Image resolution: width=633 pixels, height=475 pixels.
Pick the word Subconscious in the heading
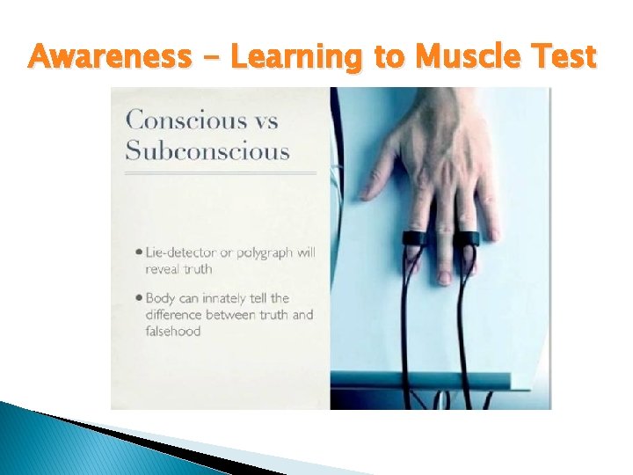pos(207,150)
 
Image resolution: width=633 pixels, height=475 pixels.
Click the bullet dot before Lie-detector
pos(140,252)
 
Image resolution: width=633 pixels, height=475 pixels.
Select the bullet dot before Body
pos(140,298)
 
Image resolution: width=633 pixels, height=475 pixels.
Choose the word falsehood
pos(173,332)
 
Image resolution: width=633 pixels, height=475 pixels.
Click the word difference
pos(175,315)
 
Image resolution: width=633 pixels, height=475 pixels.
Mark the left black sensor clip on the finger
pos(417,237)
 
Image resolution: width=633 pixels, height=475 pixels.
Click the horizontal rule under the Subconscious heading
pos(220,173)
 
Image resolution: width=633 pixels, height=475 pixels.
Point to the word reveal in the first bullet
pos(164,269)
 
